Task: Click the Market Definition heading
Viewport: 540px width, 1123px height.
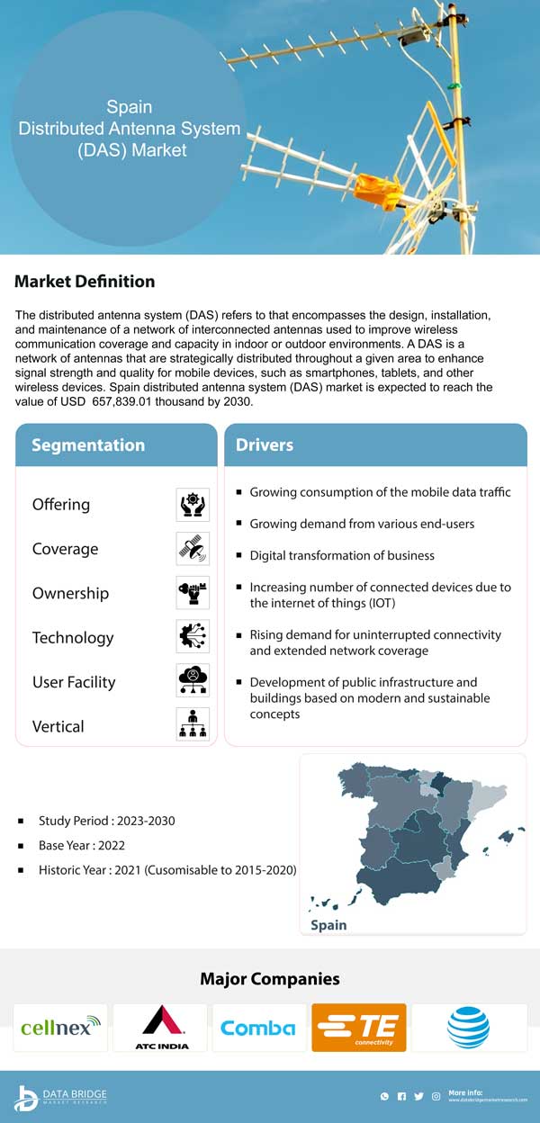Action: (x=85, y=282)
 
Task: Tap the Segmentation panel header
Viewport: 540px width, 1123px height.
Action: (x=88, y=445)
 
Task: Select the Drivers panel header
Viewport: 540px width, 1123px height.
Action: (x=265, y=445)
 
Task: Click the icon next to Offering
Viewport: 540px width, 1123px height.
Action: (x=193, y=505)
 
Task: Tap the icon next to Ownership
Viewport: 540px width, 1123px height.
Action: (x=193, y=593)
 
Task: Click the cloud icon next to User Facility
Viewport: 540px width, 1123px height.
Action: (x=193, y=681)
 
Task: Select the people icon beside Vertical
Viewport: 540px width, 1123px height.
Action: (x=193, y=724)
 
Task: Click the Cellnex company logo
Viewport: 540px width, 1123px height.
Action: (x=60, y=1028)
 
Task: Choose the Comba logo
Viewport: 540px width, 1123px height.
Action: (x=258, y=1028)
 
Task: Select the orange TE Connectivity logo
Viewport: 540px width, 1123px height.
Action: (x=358, y=1028)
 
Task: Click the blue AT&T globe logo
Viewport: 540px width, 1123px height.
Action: (x=468, y=1028)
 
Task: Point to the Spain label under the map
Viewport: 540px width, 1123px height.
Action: (x=328, y=925)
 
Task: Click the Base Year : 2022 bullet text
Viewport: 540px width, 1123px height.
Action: (x=82, y=846)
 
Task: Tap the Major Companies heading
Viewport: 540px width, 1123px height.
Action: (x=270, y=979)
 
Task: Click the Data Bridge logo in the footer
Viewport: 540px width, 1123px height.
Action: (x=60, y=1097)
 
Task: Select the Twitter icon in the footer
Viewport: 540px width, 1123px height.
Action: (x=418, y=1097)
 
